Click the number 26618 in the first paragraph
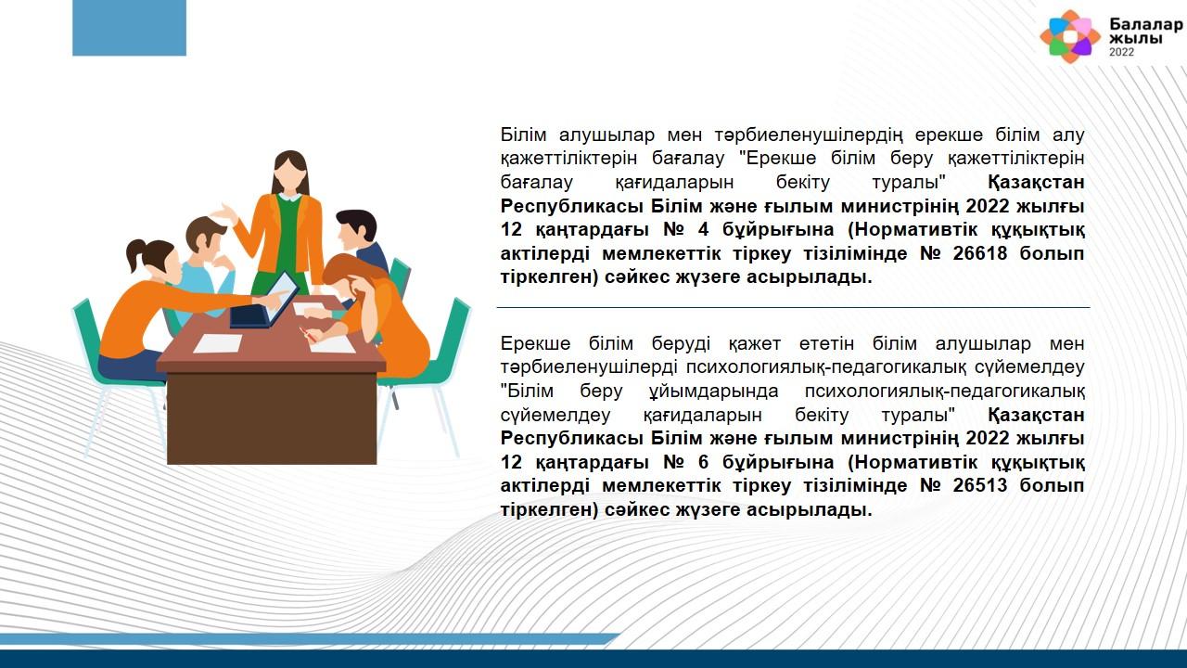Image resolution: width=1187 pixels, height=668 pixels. point(980,253)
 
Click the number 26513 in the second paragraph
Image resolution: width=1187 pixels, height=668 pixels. point(980,485)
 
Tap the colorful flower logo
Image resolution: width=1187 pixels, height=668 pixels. point(1070,36)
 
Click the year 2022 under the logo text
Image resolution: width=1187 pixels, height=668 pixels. point(1122,52)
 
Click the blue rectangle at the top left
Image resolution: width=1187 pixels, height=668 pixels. point(129,28)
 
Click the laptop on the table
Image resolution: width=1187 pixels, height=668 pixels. point(264,302)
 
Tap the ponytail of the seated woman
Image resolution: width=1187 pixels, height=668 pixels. point(134,254)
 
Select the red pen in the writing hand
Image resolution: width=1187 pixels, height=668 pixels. point(305,334)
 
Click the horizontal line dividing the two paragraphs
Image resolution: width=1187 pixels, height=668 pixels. point(793,307)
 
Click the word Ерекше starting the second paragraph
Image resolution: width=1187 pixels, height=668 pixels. point(535,344)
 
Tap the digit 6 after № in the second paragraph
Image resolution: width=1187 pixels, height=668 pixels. point(703,462)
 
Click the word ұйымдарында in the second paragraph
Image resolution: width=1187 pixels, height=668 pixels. point(714,392)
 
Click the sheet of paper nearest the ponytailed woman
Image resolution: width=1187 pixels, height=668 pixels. point(218,343)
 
